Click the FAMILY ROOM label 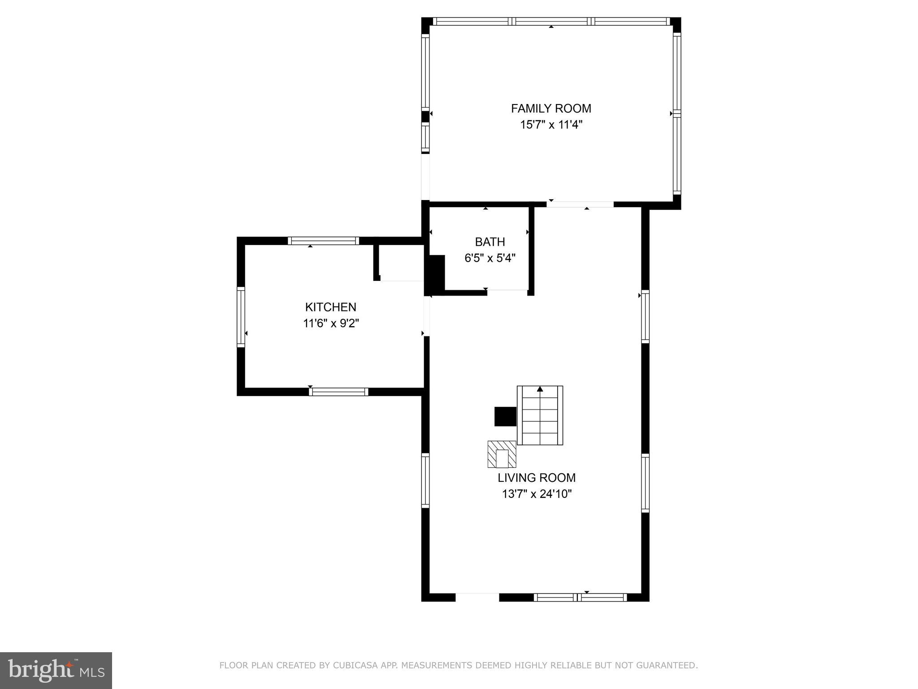coord(551,109)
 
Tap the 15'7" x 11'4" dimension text coord(551,125)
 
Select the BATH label coord(490,242)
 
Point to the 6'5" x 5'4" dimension coord(490,258)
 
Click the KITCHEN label coord(331,307)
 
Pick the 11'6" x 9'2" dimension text coord(331,323)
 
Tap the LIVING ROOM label coord(537,478)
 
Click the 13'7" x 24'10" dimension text coord(537,494)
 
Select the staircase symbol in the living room coord(540,415)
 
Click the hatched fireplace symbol coord(502,454)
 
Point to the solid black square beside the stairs coord(505,416)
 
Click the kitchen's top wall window coord(323,241)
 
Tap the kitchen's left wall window coord(241,317)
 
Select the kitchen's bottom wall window coord(338,392)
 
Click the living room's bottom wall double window coord(580,597)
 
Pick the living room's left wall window coord(425,480)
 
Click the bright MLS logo coord(56,671)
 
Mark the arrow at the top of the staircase coord(540,389)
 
